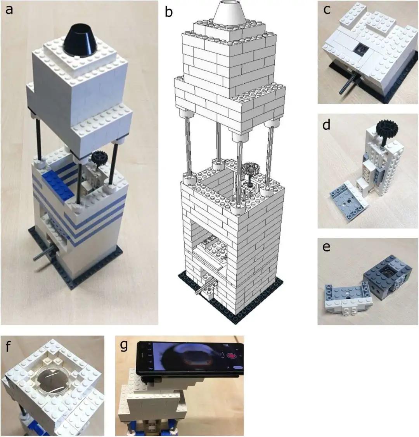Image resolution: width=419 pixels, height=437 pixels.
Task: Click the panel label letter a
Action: [x=9, y=10]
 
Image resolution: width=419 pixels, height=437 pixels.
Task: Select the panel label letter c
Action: [x=327, y=10]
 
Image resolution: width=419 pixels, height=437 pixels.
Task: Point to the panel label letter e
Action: [x=327, y=246]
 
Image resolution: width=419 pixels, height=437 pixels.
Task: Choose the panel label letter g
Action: [x=124, y=345]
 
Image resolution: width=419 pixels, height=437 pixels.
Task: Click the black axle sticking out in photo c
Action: [x=345, y=86]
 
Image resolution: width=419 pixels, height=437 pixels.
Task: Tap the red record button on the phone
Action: [x=232, y=355]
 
